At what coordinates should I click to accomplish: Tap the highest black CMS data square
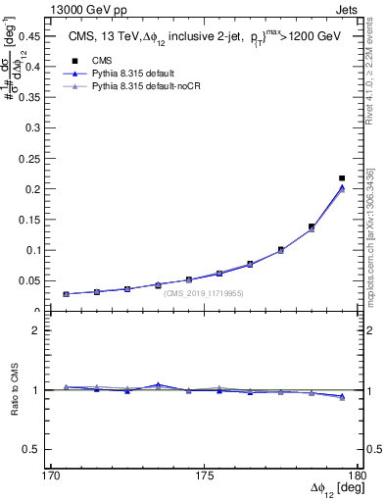pyautogui.click(x=342, y=178)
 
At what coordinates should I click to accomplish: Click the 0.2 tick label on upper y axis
pyautogui.click(x=40, y=188)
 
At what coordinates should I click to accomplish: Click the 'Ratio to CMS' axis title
pyautogui.click(x=17, y=404)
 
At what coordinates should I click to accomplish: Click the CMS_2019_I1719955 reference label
pyautogui.click(x=204, y=293)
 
